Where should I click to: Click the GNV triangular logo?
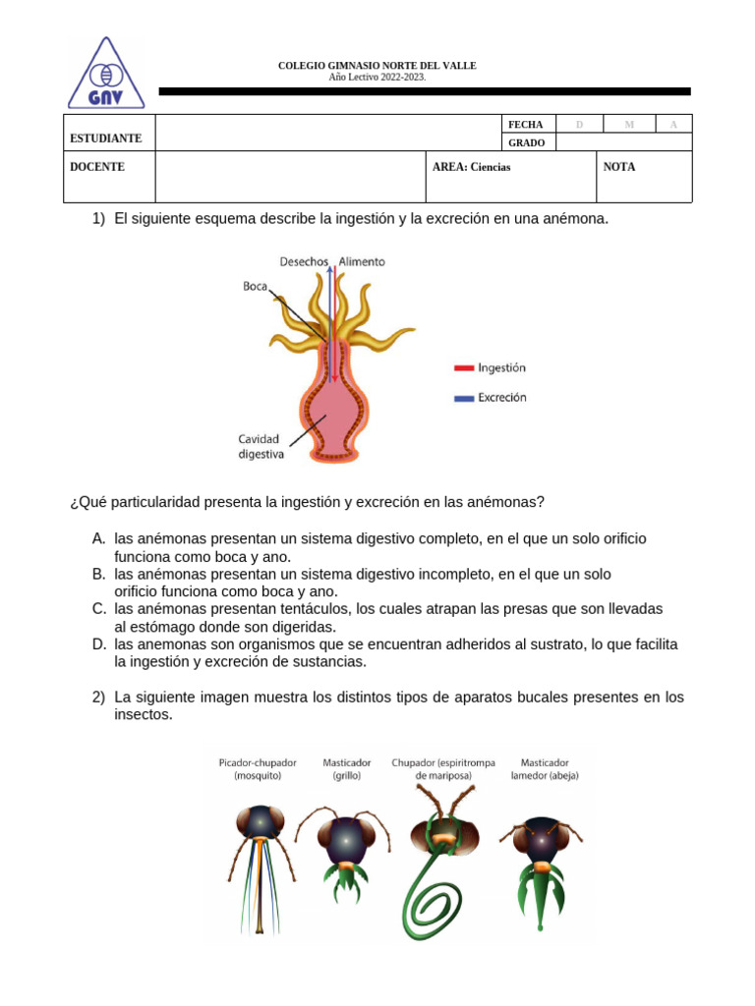coord(106,74)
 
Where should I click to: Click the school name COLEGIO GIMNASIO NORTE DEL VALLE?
coord(377,66)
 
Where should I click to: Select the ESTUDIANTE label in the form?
coord(106,139)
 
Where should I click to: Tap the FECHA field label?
coord(525,125)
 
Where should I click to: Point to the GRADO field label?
coord(526,143)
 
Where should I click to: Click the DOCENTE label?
coord(97,167)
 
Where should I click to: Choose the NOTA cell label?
coord(619,167)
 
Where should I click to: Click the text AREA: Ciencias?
coord(471,167)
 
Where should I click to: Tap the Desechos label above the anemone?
coord(304,262)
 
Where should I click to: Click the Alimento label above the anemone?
coord(362,262)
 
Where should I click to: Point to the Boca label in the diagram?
coord(255,286)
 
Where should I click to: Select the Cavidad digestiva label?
coord(261,447)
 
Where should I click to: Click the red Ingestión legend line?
coord(464,368)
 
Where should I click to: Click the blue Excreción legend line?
coord(464,399)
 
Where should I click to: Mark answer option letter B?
coord(98,574)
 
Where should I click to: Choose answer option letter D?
coord(98,644)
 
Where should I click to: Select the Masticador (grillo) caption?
coord(347,768)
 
